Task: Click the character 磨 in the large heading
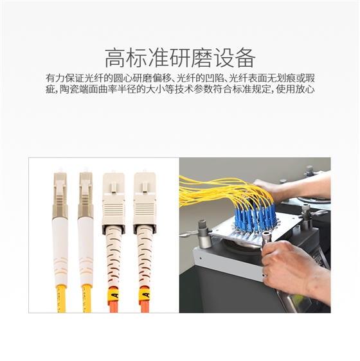(x=202, y=58)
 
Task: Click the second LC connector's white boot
(x=85, y=252)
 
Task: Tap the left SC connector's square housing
(x=114, y=202)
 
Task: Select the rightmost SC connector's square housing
(x=145, y=202)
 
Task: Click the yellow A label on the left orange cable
(x=114, y=295)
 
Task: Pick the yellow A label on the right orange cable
(x=145, y=295)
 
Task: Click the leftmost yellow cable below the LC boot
(x=61, y=299)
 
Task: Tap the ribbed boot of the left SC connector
(x=114, y=257)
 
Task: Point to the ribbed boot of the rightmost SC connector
(x=145, y=257)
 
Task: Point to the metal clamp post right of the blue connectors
(x=306, y=218)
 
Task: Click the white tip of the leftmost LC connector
(x=60, y=170)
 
